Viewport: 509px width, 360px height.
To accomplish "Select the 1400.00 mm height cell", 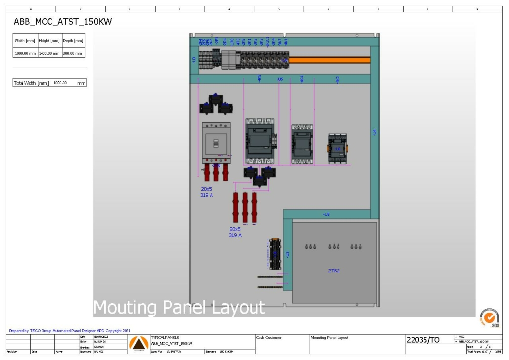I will pyautogui.click(x=49, y=53).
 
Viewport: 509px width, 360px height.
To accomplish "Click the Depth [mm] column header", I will pyautogui.click(x=73, y=41).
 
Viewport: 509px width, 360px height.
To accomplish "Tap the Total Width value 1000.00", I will pyautogui.click(x=60, y=83).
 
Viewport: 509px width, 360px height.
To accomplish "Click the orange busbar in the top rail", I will pyautogui.click(x=329, y=60).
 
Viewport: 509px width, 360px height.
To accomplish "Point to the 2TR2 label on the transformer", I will pyautogui.click(x=334, y=270).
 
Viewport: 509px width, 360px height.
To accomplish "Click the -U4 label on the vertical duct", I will pyautogui.click(x=374, y=133).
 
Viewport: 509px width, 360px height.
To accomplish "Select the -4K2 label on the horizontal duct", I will pyautogui.click(x=338, y=79).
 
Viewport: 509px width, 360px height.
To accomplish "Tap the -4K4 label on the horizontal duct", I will pyautogui.click(x=302, y=79).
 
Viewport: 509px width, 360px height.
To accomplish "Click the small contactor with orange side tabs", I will pyautogui.click(x=337, y=148).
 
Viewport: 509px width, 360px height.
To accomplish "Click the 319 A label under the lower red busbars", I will pyautogui.click(x=235, y=235).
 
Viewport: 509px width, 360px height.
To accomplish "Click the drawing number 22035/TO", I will pyautogui.click(x=423, y=339).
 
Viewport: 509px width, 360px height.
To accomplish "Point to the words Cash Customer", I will pyautogui.click(x=269, y=338).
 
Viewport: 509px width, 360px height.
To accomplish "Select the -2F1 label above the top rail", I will pyautogui.click(x=217, y=42).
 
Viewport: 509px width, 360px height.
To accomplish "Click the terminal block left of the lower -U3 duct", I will pyautogui.click(x=274, y=254).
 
